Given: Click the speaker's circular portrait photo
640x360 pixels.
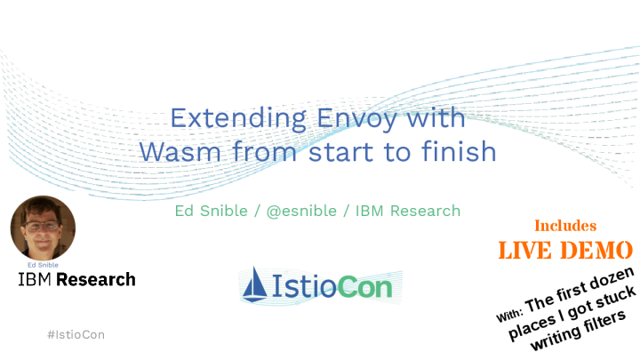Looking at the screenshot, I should coord(43,228).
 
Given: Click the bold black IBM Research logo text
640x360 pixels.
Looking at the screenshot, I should coord(77,279).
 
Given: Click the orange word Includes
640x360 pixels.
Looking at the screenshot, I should coord(564,226).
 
